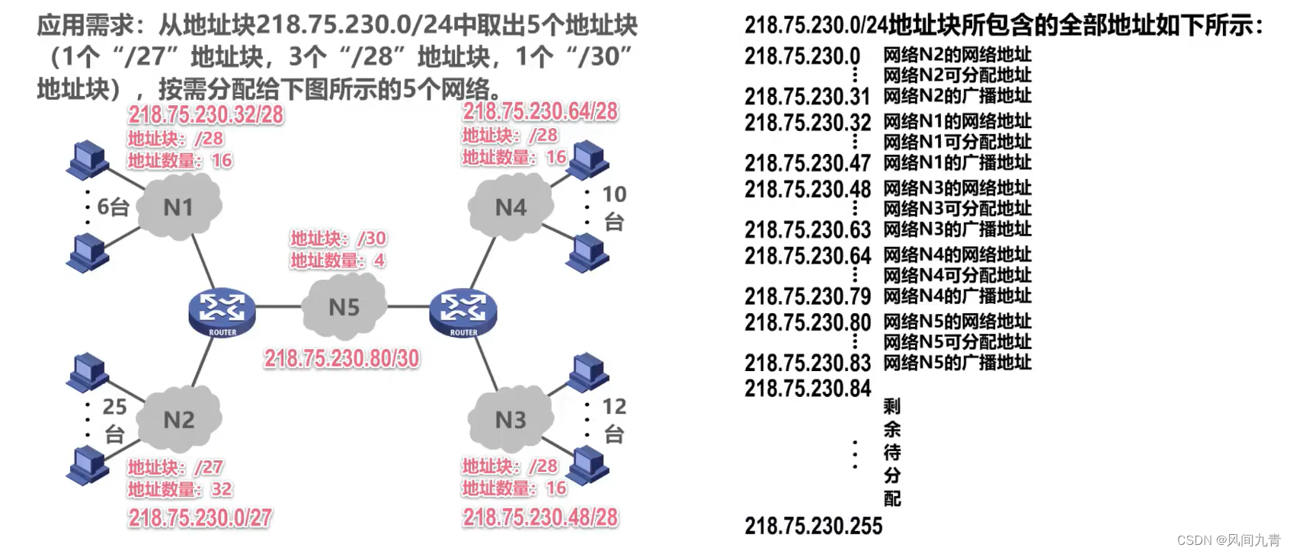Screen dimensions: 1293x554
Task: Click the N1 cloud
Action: pos(179,207)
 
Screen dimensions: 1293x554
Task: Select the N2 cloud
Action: pos(180,419)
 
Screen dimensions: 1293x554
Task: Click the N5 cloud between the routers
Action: pos(344,307)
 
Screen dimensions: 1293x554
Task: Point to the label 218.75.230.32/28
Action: pos(206,114)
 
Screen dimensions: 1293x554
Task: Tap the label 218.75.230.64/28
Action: pos(540,111)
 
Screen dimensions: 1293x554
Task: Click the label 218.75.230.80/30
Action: pos(341,358)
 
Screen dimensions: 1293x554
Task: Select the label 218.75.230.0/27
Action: pos(200,518)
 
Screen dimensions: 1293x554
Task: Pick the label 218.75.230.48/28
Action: pos(540,518)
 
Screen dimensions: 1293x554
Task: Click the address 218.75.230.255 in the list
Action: pos(813,526)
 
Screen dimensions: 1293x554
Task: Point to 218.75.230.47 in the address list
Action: pos(807,163)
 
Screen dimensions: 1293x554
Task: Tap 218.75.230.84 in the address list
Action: pos(807,389)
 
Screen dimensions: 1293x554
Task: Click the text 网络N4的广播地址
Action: pos(957,296)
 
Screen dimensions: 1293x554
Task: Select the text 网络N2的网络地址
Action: pos(957,55)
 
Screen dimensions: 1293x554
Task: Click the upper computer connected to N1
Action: pos(88,159)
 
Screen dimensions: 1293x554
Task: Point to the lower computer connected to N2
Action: pos(88,465)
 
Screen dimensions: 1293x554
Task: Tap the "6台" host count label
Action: pos(113,207)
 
